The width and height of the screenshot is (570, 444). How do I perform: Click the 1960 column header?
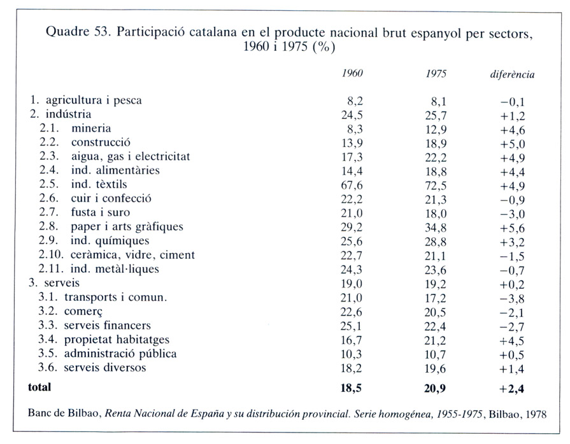point(352,73)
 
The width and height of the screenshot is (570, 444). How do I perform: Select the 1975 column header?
point(436,74)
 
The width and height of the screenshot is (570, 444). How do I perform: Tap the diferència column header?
point(512,74)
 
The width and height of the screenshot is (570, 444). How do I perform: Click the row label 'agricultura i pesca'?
point(94,101)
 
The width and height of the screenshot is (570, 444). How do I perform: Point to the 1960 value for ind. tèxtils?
point(352,185)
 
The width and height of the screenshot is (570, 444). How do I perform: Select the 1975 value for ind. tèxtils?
point(436,186)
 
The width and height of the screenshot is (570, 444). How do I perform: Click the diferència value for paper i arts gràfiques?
point(512,228)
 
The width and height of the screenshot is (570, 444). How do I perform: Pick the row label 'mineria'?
point(91,128)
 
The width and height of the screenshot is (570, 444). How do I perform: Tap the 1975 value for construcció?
point(436,143)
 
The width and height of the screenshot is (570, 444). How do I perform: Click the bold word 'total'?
point(39,387)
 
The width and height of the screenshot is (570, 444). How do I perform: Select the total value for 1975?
point(435,389)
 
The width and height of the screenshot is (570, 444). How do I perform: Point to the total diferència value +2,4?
point(512,389)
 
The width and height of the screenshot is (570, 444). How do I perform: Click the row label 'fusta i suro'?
point(101,212)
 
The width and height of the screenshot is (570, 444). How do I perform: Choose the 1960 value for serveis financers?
point(351,326)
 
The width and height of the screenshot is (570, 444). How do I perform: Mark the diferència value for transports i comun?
point(512,299)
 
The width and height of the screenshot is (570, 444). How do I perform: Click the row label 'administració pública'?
point(120,354)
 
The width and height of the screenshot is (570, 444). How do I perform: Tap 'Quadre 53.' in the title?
point(78,32)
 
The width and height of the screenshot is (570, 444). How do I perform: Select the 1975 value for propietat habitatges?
point(435,340)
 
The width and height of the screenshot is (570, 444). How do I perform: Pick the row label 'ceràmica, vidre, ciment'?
point(132,255)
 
